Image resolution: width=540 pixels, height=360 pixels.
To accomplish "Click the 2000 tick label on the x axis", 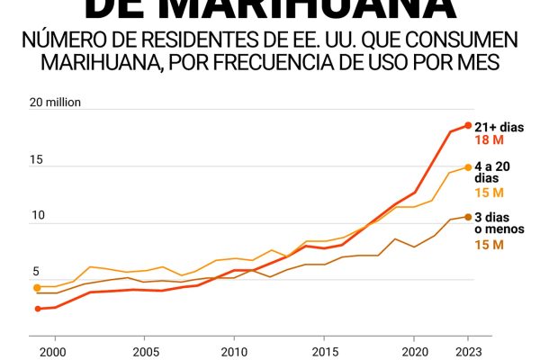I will point(53,352).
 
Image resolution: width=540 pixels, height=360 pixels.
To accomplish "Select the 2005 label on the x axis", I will point(143,352).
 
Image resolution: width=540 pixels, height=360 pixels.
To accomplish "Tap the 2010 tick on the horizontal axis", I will point(234,352).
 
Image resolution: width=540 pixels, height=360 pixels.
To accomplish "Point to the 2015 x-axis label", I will point(324,352).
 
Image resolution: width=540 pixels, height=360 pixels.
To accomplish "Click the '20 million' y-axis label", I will point(56,103).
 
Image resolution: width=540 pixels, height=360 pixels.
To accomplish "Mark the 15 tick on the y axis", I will point(37,160).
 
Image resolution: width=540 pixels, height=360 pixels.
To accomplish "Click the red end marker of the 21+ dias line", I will point(468,125).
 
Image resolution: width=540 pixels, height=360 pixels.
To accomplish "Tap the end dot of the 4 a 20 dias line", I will point(468,166).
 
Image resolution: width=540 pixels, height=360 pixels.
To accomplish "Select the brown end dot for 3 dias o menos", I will point(468,216).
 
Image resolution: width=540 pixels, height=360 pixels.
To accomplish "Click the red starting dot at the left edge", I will point(38,309).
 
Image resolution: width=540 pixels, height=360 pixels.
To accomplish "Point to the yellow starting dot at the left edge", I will point(38,288).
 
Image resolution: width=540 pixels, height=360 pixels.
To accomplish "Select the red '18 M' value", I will point(489,140).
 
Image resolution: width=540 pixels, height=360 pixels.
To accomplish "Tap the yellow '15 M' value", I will point(489,193).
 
